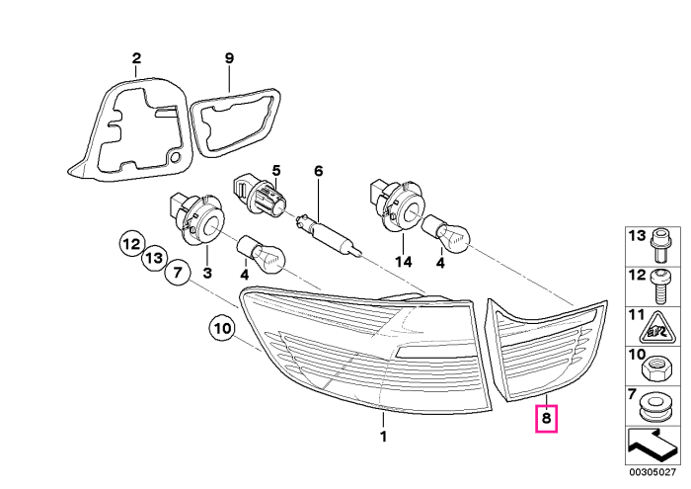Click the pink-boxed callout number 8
coord(546,418)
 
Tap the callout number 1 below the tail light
coord(383,437)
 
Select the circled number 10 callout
coord(223,329)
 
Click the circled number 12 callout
coord(131,244)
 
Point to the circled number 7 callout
coord(177,273)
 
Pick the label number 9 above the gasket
coord(229,57)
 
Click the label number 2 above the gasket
coord(136,57)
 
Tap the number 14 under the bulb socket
coord(403,262)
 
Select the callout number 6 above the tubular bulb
coord(318,171)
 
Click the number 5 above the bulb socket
coord(275,170)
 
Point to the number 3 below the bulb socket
coord(207,273)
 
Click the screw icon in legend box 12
coord(658,286)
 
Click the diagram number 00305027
coord(653,472)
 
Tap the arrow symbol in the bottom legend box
coord(651,446)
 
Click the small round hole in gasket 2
coord(176,156)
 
